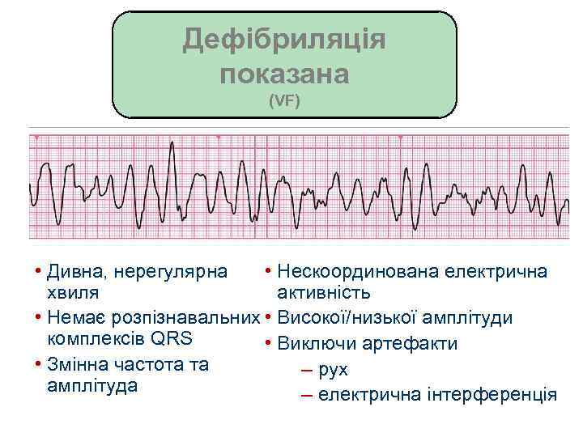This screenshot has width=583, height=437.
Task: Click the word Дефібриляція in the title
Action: (x=283, y=39)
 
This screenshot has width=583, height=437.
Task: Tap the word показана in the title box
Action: (x=283, y=74)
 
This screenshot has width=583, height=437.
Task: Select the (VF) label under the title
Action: (x=284, y=103)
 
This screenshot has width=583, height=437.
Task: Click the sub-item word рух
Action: (x=334, y=370)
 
